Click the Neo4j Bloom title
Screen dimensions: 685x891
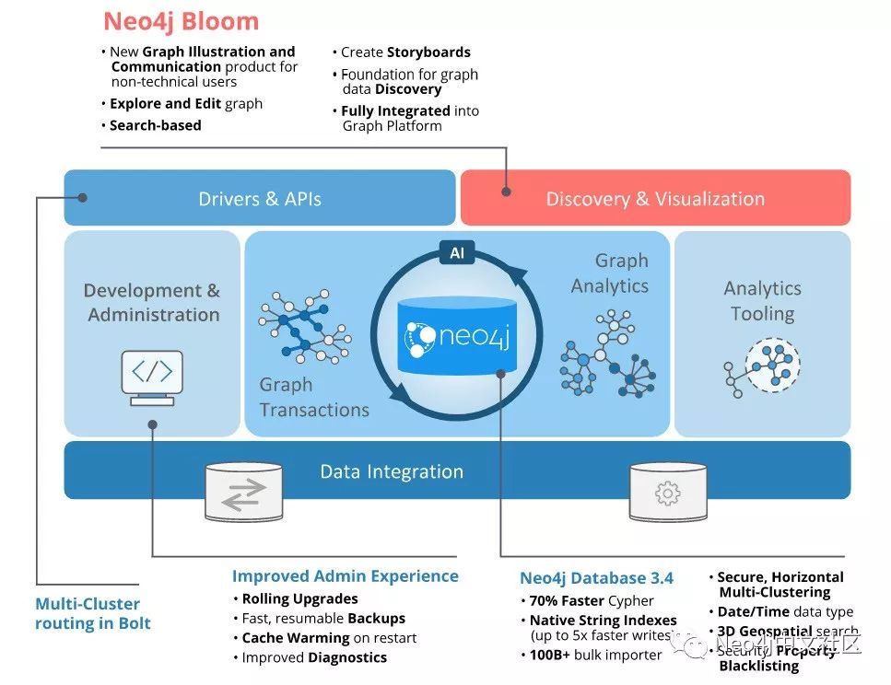coord(181,21)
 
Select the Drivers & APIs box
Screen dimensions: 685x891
coord(260,198)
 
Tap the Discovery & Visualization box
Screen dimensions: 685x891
coord(655,198)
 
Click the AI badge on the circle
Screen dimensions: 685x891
coord(456,252)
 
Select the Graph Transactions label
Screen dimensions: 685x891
coord(313,397)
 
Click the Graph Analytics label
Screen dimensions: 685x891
coord(609,273)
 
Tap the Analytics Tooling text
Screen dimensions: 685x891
coord(762,301)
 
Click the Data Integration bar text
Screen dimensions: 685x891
coord(392,471)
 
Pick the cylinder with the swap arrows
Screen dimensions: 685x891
coord(243,490)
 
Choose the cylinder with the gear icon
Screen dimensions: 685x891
coord(667,491)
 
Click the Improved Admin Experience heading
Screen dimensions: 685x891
coord(345,576)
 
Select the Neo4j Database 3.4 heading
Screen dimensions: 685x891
coord(596,578)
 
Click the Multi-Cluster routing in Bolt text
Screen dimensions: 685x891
coord(92,613)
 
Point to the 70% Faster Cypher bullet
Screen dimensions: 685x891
coord(592,600)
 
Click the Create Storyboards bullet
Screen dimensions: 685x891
coord(405,52)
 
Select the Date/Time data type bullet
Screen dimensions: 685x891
coord(785,611)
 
